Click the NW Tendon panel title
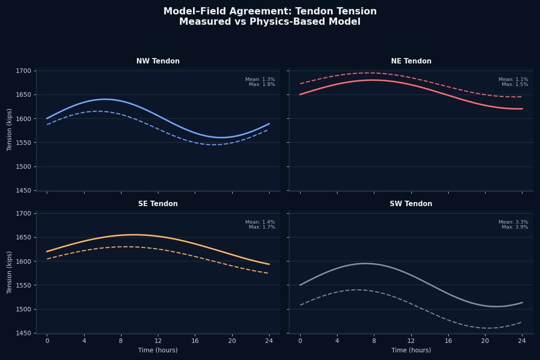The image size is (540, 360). [158, 61]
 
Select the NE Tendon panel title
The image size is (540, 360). [411, 61]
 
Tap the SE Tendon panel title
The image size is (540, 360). [158, 204]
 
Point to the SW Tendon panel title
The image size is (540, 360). [411, 204]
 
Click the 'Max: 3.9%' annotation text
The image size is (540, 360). [515, 227]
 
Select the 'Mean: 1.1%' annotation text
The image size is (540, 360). [513, 79]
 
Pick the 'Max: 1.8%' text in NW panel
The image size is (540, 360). [262, 84]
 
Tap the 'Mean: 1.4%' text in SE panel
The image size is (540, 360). [260, 222]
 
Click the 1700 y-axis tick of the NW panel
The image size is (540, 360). [23, 71]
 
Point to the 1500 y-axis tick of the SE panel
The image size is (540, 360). [23, 309]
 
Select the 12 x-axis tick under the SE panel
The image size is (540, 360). [157, 341]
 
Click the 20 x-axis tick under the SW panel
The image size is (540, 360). [485, 341]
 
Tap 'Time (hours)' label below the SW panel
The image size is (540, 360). [411, 350]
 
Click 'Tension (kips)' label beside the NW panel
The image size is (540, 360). [9, 130]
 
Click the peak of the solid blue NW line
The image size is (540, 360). [105, 99]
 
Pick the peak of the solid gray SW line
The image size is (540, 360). [365, 263]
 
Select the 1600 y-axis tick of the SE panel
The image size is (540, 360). [23, 261]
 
